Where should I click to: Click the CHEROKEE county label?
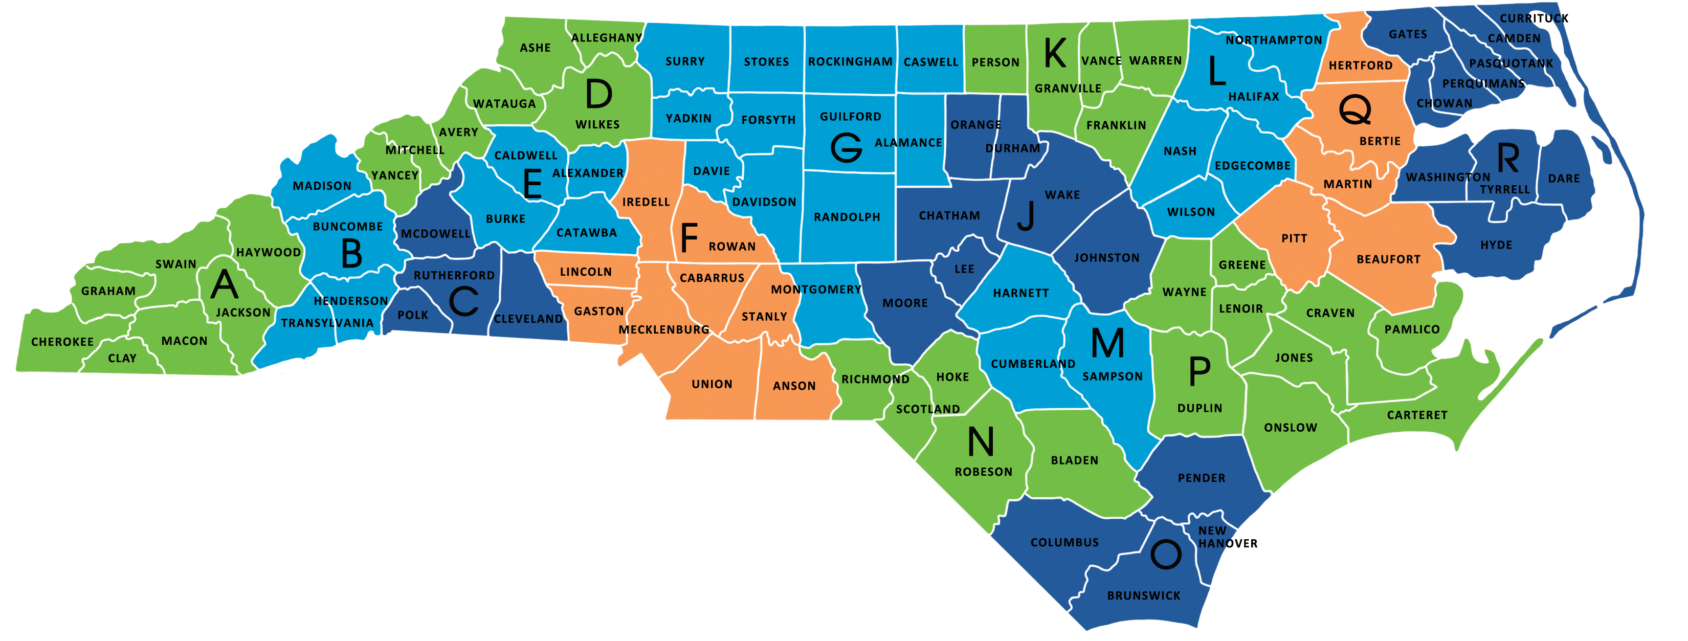click(x=62, y=342)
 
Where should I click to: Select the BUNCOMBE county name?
click(x=348, y=227)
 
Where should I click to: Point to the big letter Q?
click(x=1354, y=109)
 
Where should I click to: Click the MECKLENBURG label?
click(x=664, y=329)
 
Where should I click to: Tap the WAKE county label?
click(x=1062, y=195)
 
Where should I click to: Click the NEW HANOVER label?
click(x=1227, y=538)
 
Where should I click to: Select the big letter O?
click(x=1166, y=555)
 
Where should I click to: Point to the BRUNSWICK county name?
click(x=1143, y=596)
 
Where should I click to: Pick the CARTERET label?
click(x=1417, y=415)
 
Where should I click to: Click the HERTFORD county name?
click(x=1360, y=65)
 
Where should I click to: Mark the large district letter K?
click(x=1054, y=53)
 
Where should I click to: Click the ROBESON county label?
click(x=983, y=472)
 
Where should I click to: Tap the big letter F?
click(x=688, y=238)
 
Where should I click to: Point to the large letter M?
click(x=1107, y=343)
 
